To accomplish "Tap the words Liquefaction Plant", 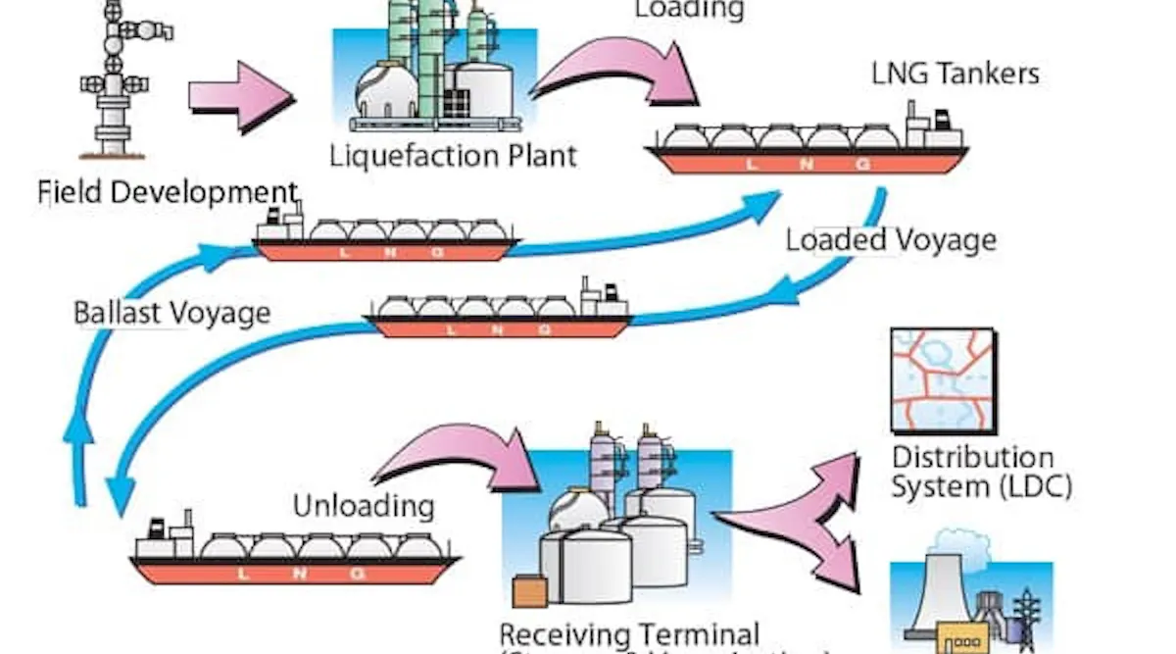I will click(453, 155).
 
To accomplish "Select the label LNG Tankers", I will click(955, 74).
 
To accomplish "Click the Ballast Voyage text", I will click(171, 314).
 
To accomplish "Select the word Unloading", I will click(364, 506).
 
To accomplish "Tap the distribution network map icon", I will click(943, 380).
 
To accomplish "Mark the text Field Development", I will click(167, 191).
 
